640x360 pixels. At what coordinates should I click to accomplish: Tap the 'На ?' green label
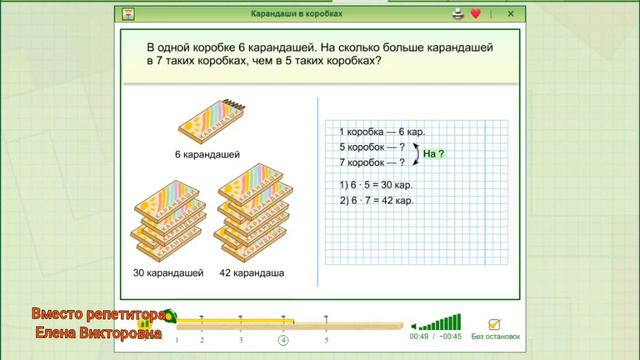coord(432,154)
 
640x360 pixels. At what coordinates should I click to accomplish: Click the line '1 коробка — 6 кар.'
coord(378,132)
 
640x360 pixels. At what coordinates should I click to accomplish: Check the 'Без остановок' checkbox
coord(493,324)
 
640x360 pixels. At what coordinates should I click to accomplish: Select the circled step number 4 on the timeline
coord(283,340)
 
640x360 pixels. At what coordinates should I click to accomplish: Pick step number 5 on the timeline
coord(326,340)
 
